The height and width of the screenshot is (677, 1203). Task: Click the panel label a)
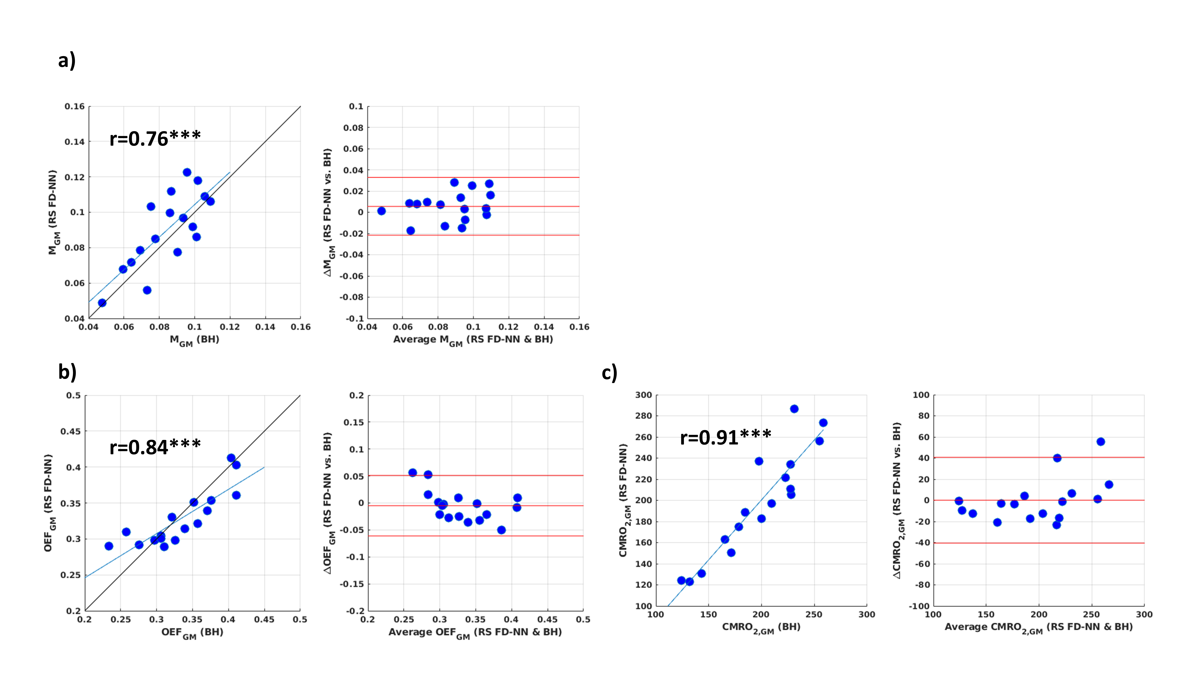67,61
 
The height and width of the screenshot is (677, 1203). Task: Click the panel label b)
67,372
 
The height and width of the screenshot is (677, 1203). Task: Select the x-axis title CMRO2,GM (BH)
761,628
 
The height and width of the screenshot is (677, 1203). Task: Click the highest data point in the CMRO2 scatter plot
794,409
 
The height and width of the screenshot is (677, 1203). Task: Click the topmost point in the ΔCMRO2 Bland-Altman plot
1101,442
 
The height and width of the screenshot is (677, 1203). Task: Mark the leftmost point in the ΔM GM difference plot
381,211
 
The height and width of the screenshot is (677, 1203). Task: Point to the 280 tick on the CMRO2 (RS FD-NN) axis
643,416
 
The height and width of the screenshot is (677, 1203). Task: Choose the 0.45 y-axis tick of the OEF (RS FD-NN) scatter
71,431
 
